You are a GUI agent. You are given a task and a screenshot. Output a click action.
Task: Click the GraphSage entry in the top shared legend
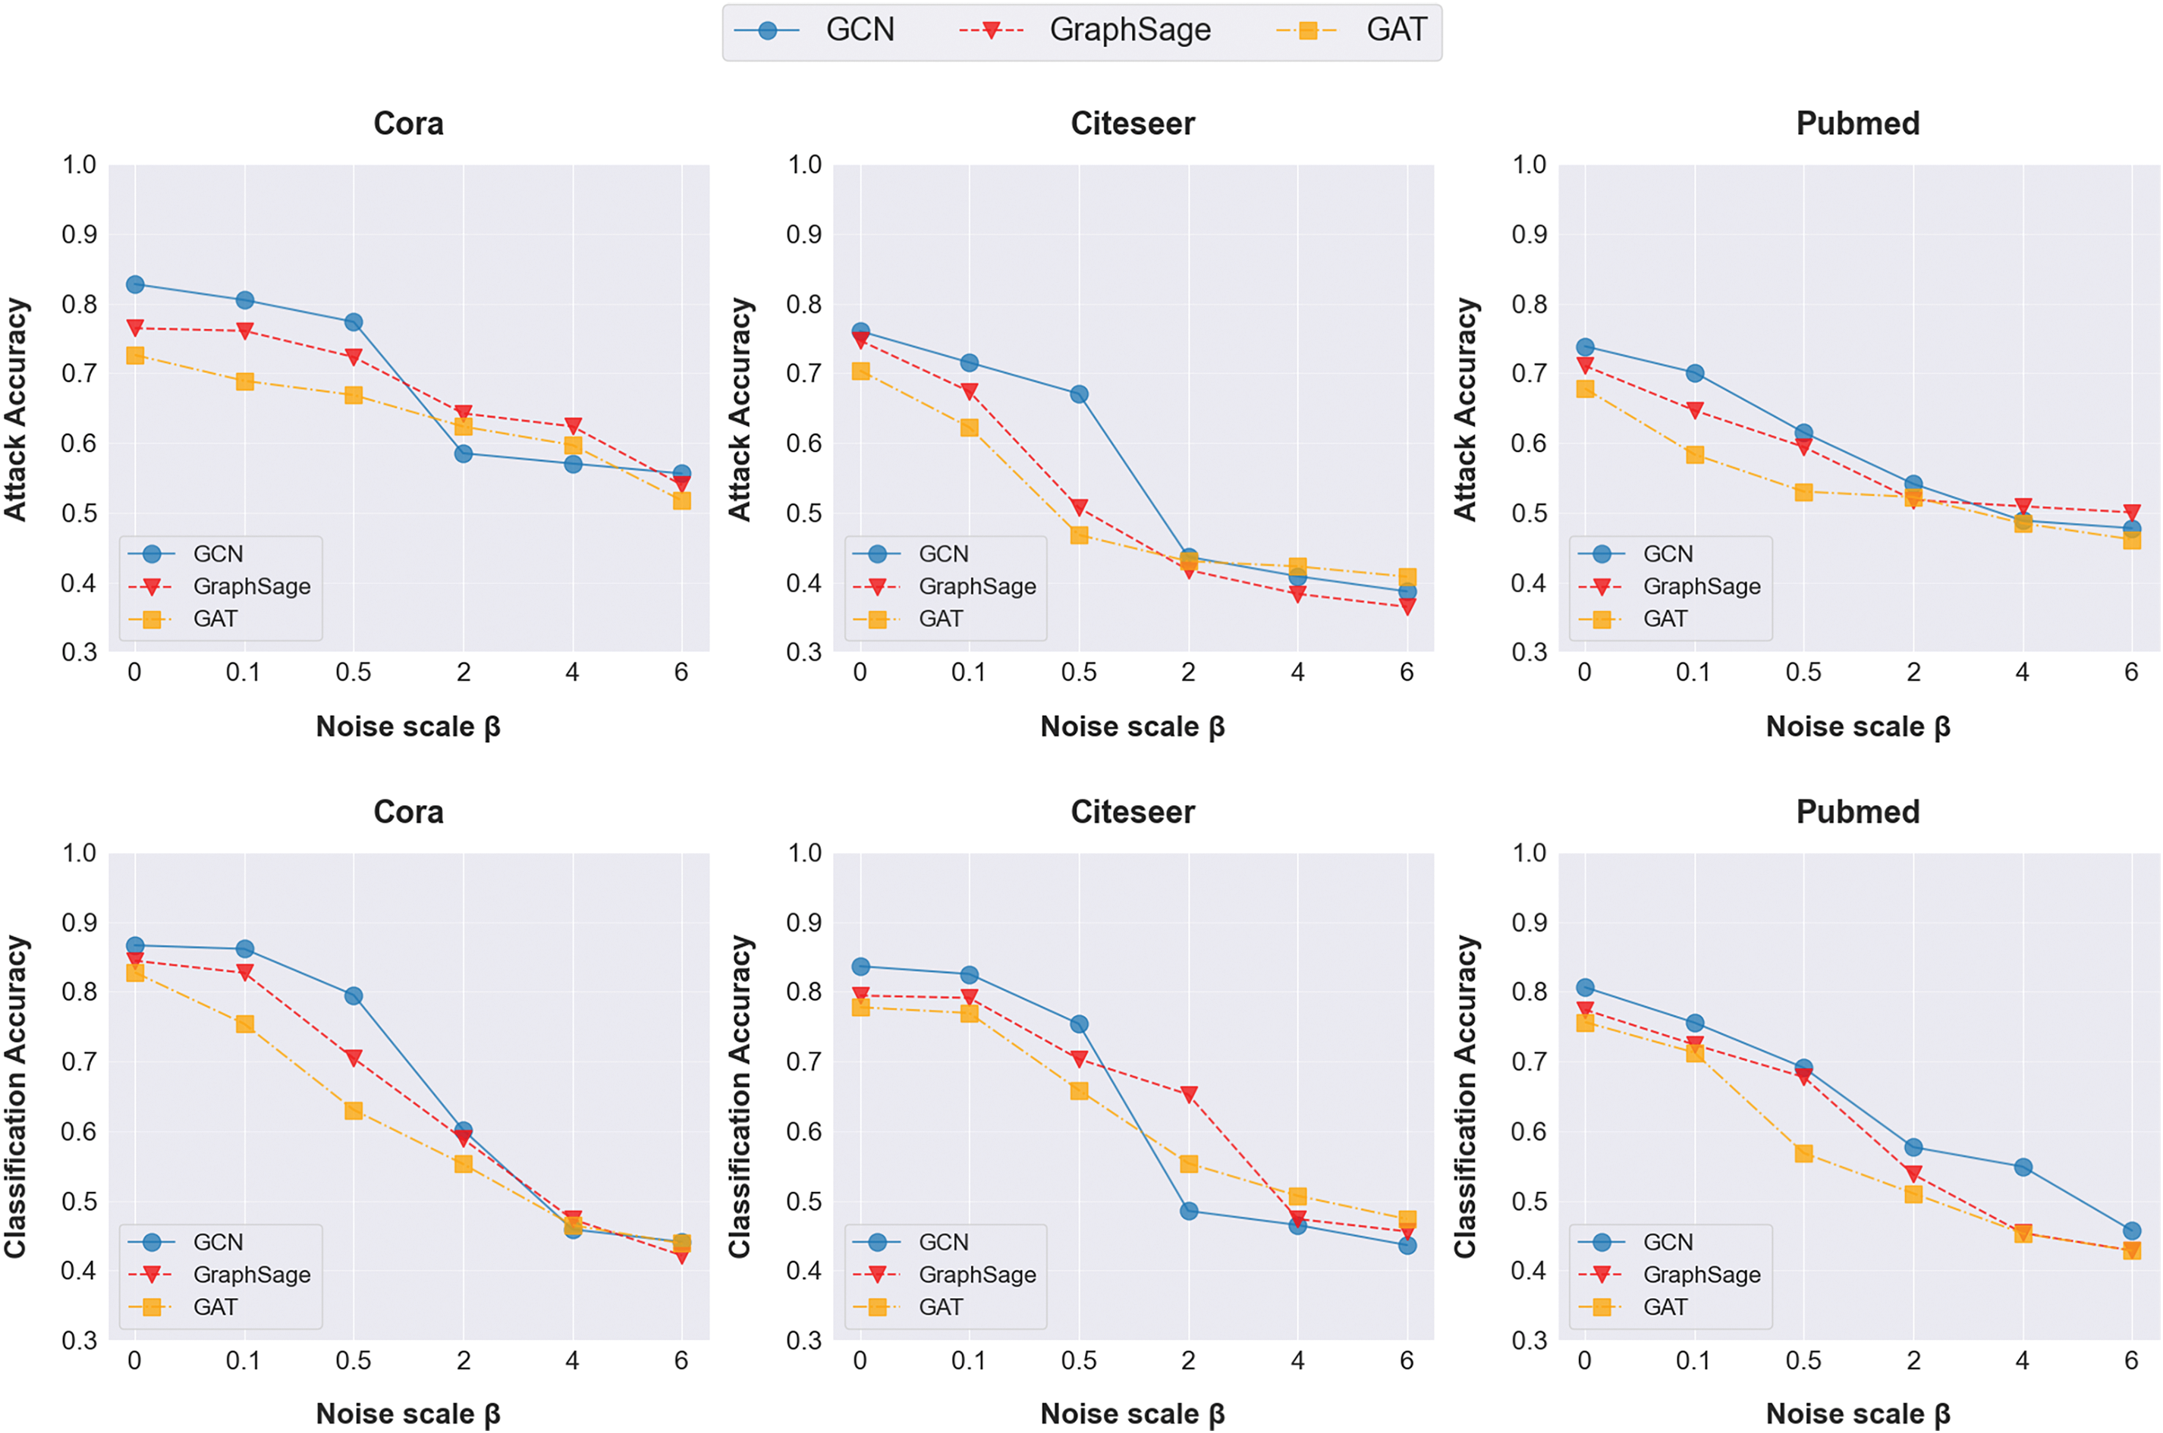(x=1129, y=30)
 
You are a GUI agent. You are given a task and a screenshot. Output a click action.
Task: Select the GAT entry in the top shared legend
(x=1395, y=30)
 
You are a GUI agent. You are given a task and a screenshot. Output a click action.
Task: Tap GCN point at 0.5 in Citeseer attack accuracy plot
(x=1079, y=394)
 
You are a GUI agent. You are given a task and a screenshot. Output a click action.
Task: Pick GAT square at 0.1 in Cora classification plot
(x=244, y=1024)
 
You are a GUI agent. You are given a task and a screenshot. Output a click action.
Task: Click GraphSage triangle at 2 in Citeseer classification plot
(x=1188, y=1094)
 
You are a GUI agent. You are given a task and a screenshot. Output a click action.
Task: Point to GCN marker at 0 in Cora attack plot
(x=135, y=284)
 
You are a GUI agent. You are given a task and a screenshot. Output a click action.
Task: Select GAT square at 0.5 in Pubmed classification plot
(x=1803, y=1153)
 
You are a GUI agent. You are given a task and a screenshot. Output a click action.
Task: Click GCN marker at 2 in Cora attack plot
(x=464, y=453)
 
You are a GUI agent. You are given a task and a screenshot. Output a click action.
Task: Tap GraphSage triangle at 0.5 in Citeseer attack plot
(x=1079, y=507)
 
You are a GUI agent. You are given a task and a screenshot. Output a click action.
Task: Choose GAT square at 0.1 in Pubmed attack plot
(x=1694, y=454)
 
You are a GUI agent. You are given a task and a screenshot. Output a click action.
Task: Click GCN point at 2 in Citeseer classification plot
(x=1188, y=1211)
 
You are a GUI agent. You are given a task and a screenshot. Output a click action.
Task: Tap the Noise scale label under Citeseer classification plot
(x=1132, y=1414)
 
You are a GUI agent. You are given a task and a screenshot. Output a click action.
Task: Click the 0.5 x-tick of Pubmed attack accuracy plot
(x=1803, y=673)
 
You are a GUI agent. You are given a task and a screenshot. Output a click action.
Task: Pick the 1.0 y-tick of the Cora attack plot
(x=79, y=165)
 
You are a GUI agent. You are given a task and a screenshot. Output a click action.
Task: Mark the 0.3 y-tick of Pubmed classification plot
(x=1529, y=1340)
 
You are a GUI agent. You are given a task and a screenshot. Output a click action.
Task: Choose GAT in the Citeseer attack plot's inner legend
(x=941, y=619)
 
